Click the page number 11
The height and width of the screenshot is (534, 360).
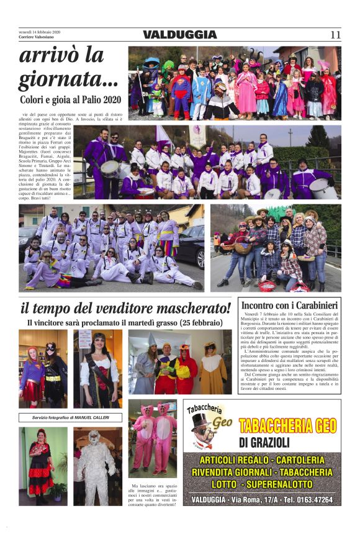[x=335, y=35]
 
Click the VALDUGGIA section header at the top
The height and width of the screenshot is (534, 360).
[x=180, y=35]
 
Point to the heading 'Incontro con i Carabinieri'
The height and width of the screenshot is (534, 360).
[x=289, y=305]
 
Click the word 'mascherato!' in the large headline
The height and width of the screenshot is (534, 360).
[x=186, y=308]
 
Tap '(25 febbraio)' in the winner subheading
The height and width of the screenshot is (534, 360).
[x=193, y=323]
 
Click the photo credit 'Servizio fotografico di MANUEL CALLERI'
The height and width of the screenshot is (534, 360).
[x=70, y=417]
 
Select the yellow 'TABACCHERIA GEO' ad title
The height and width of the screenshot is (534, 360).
[x=287, y=425]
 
